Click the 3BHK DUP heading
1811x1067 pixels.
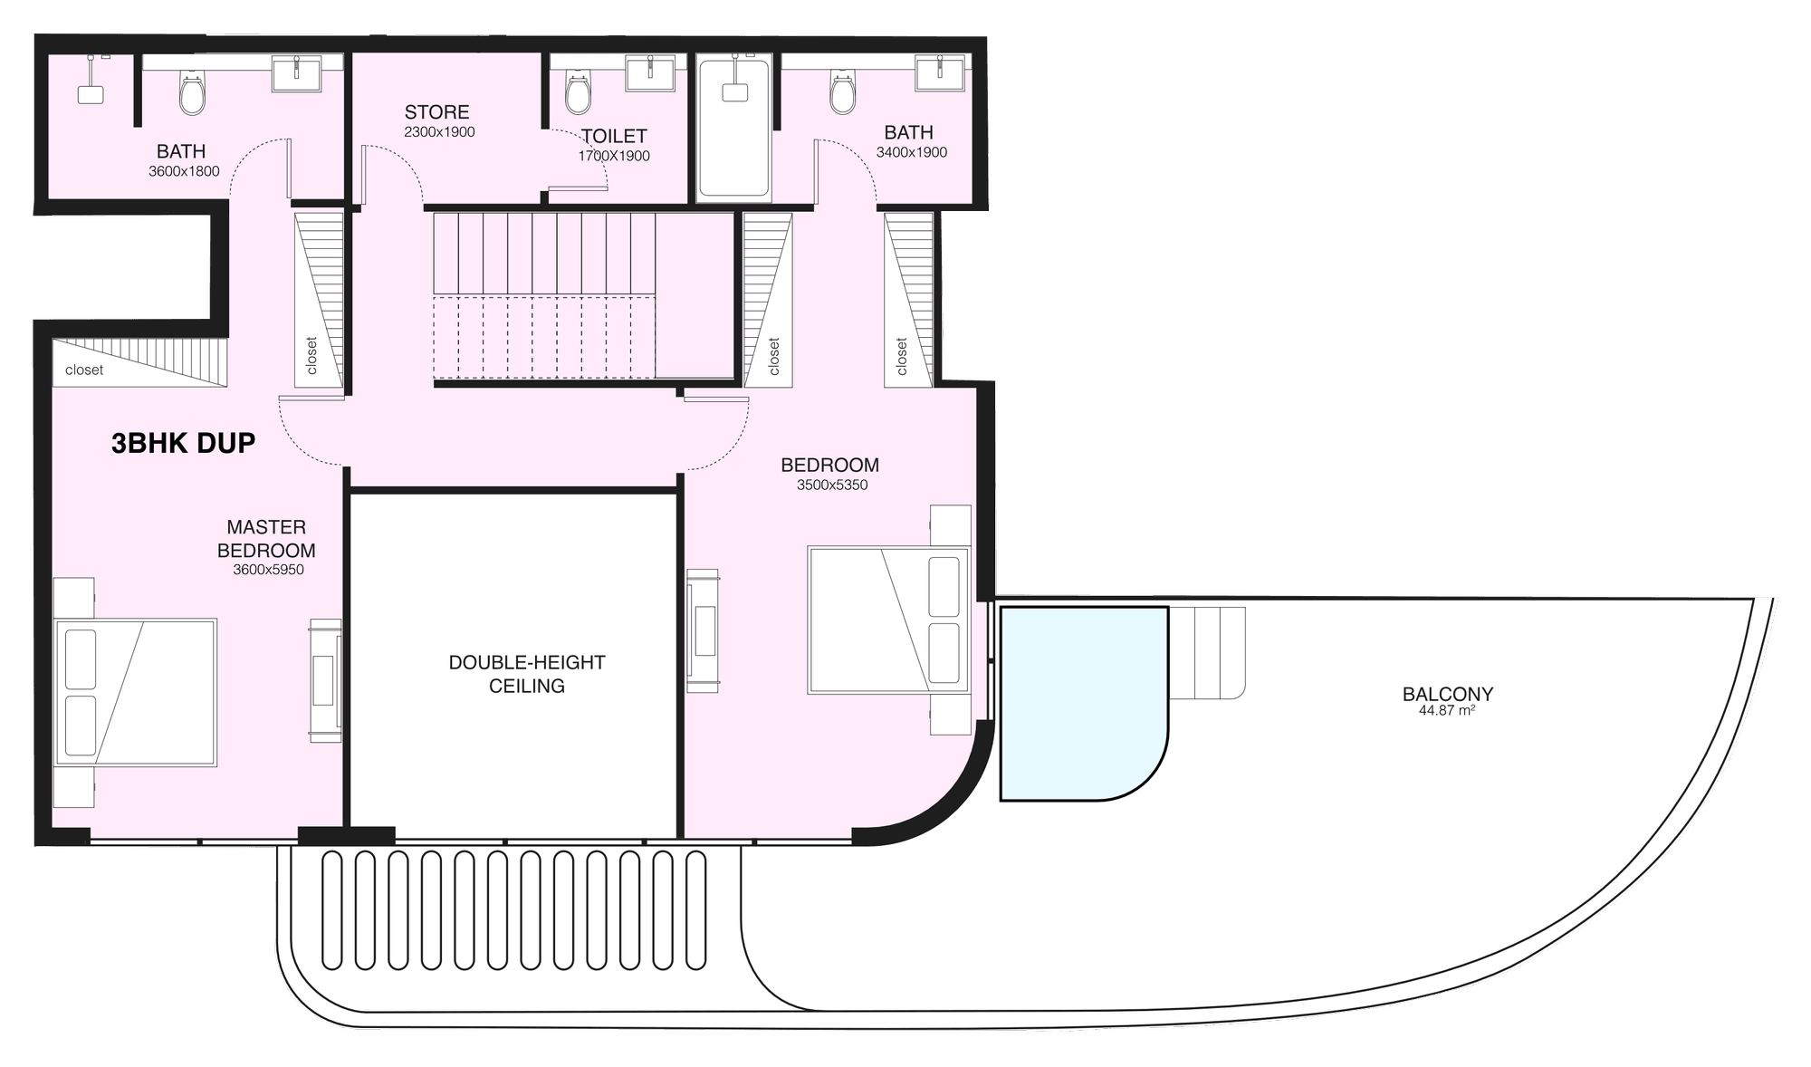[x=183, y=443]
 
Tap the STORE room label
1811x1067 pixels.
[x=436, y=112]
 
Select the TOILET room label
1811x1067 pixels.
[x=614, y=136]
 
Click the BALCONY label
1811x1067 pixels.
[x=1448, y=694]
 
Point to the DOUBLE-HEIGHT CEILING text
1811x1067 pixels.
[x=527, y=674]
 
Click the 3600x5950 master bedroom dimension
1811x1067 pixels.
[x=268, y=570]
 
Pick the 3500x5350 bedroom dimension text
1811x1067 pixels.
[x=832, y=485]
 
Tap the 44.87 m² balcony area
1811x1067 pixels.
[x=1447, y=711]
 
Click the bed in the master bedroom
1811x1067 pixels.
[x=136, y=693]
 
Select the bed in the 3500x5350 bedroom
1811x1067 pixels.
[x=888, y=620]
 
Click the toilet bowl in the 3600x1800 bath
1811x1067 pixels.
[x=192, y=93]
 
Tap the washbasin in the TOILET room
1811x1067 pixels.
[x=649, y=72]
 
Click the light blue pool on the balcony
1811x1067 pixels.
[x=1084, y=704]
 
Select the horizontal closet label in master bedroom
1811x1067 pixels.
[x=84, y=370]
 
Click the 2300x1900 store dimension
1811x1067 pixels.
[x=439, y=132]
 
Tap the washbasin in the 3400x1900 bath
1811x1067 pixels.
[x=940, y=72]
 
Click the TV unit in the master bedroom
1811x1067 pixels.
[x=325, y=681]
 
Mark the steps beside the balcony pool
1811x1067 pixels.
[x=1207, y=652]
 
